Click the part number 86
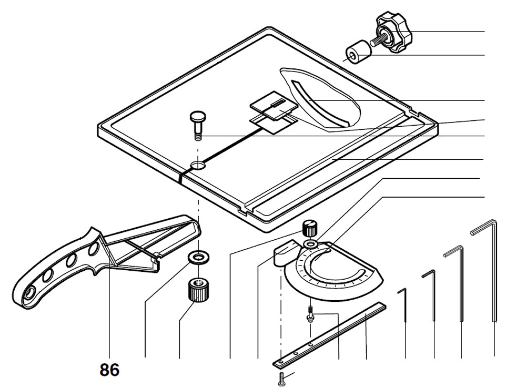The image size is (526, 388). pos(109,370)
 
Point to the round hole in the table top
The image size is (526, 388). pos(198,166)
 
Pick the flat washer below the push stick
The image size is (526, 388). pos(199,257)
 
